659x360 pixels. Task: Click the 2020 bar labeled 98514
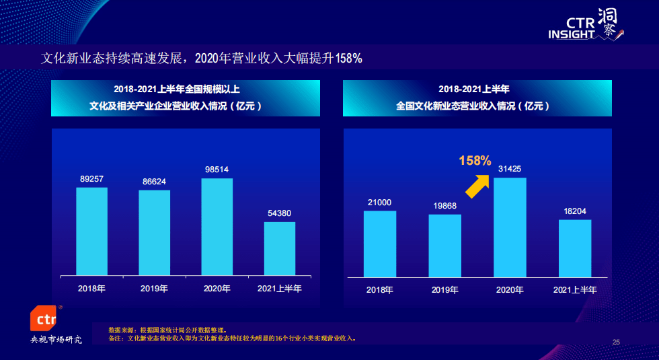coord(217,227)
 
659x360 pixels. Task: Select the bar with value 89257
coord(91,231)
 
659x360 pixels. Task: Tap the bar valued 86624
coord(154,233)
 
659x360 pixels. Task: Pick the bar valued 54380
coord(280,249)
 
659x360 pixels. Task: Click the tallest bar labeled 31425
coord(510,227)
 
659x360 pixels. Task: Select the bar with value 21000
coord(379,244)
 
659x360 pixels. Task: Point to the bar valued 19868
coord(444,246)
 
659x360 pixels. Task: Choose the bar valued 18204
coord(575,248)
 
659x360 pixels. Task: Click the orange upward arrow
coord(478,186)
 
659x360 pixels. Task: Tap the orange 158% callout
coord(475,161)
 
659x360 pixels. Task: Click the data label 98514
coord(217,170)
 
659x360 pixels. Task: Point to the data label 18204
coord(575,211)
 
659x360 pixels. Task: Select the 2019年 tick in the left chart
coord(154,289)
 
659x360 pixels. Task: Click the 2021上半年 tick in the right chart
coord(575,290)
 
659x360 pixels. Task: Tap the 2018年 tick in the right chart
coord(379,290)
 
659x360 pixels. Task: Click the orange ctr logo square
coord(43,318)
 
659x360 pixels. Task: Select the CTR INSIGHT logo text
coord(572,28)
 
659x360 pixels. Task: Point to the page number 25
coord(616,343)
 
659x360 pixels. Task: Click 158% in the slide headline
coord(349,58)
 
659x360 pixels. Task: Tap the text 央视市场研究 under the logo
coord(56,339)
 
